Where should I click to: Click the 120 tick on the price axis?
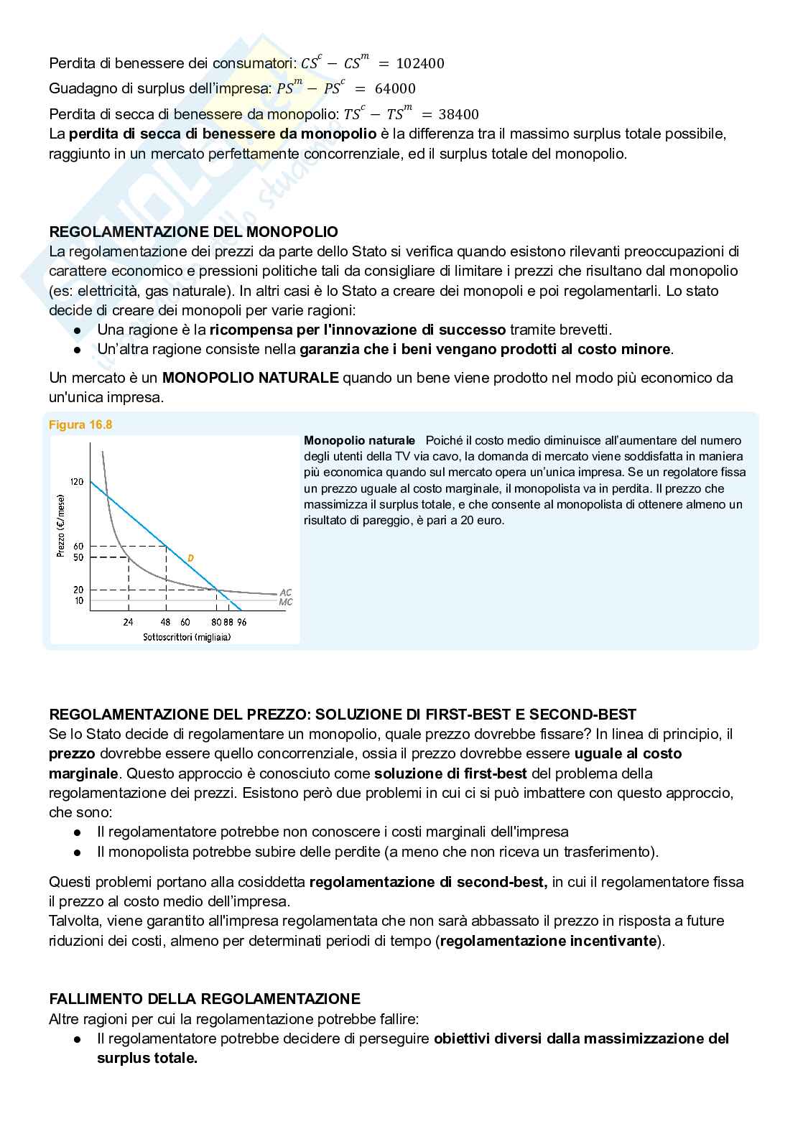[x=78, y=481]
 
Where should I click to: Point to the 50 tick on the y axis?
[x=78, y=557]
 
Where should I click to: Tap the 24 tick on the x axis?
[x=129, y=622]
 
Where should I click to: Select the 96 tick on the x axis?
[x=242, y=622]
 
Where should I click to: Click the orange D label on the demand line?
[x=190, y=558]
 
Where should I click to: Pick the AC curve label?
[x=285, y=592]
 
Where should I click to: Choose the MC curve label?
[x=285, y=602]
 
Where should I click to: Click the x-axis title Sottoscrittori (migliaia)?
[x=187, y=637]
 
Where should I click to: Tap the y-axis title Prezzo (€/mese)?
[x=60, y=526]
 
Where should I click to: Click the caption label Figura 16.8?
[x=80, y=424]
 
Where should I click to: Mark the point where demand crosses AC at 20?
[x=217, y=590]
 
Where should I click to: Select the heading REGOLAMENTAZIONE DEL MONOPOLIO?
[x=193, y=232]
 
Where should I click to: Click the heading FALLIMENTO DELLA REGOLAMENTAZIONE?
[x=205, y=999]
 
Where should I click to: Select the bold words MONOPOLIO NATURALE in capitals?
[x=250, y=378]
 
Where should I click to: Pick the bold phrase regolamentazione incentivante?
[x=549, y=941]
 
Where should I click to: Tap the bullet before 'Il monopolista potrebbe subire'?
[x=78, y=852]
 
